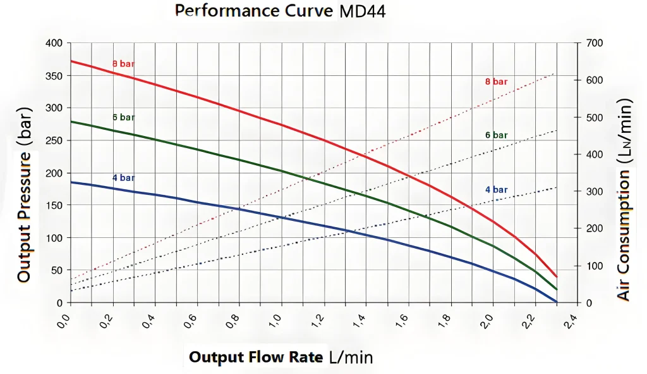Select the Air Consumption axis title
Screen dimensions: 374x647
tap(624, 200)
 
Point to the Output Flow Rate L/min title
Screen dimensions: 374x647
tap(281, 357)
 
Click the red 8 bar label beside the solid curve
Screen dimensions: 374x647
tap(123, 64)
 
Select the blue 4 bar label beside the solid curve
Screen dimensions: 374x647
tap(123, 178)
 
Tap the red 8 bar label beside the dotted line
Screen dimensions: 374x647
tap(496, 82)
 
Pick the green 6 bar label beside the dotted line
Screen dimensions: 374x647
tap(496, 135)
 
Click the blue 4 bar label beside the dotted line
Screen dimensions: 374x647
tap(496, 190)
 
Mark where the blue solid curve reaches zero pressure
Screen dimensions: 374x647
tap(556, 302)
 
